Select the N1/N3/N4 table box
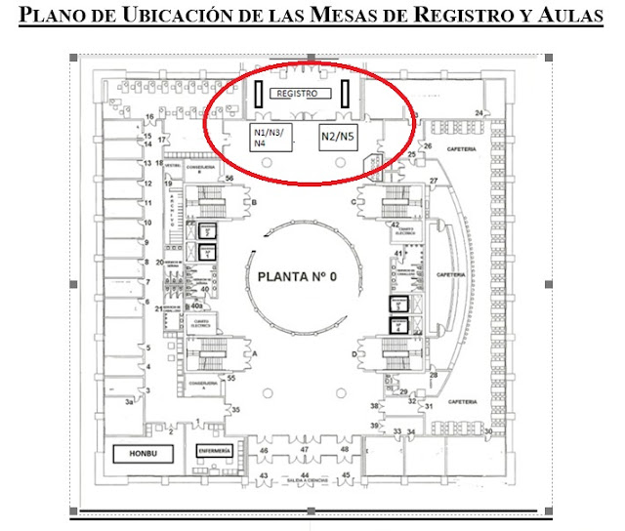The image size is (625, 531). click(x=268, y=137)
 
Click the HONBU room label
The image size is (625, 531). click(x=137, y=454)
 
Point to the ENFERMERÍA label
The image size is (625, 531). click(x=214, y=452)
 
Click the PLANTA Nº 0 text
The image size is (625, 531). click(x=296, y=277)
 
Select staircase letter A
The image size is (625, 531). click(x=256, y=353)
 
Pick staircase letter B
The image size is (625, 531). click(x=255, y=202)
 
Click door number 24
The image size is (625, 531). click(x=479, y=114)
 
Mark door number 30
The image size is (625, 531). click(x=486, y=430)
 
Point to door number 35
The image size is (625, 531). click(x=235, y=410)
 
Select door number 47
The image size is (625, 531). click(x=305, y=449)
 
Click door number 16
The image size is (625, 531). click(x=150, y=117)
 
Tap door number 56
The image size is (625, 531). click(x=229, y=180)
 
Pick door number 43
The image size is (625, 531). click(x=264, y=475)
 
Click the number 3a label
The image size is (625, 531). click(x=128, y=400)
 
